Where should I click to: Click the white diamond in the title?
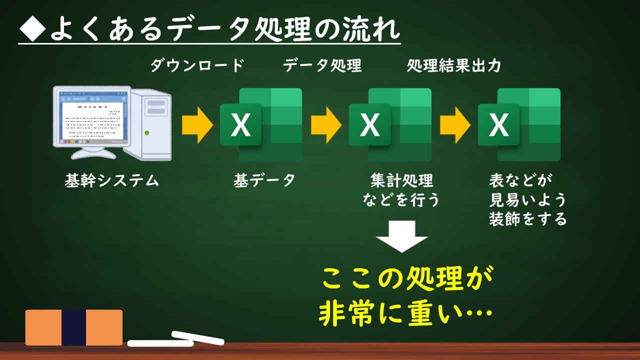[32, 29]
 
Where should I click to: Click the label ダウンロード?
[197, 65]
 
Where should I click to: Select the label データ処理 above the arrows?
[322, 65]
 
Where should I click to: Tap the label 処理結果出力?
[454, 65]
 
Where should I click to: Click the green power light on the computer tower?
[147, 133]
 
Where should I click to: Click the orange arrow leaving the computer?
[197, 125]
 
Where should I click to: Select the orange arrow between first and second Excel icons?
[326, 125]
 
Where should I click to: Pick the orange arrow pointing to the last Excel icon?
[455, 125]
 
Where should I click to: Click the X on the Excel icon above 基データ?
[240, 125]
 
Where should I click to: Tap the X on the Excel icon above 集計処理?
[369, 125]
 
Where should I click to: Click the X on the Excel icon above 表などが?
[499, 125]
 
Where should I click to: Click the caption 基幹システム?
[111, 180]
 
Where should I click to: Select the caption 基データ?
[264, 180]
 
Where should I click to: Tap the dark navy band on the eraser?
[73, 327]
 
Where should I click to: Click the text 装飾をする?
[527, 219]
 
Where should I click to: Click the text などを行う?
[401, 199]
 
